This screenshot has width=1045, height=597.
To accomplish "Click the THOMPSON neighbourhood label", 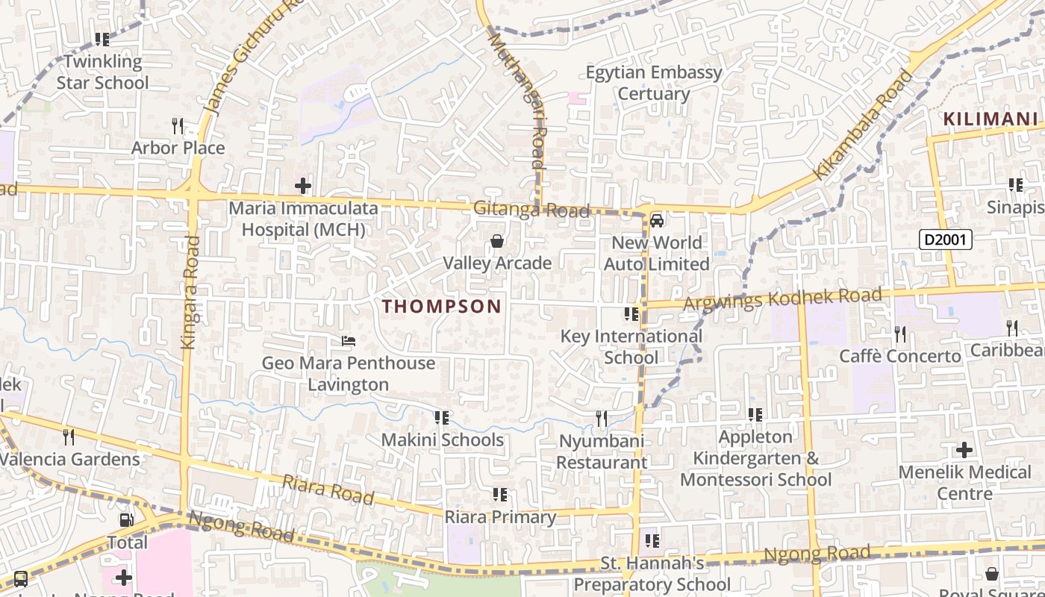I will click(x=442, y=306).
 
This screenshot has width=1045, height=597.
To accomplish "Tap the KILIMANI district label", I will click(x=990, y=119).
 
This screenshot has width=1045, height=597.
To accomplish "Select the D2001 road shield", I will click(x=945, y=240).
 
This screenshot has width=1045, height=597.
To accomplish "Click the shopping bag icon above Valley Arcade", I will click(x=496, y=241).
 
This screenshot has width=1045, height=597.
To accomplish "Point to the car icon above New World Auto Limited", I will click(x=657, y=220).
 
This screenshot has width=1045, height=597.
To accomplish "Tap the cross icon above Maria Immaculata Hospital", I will click(x=303, y=185).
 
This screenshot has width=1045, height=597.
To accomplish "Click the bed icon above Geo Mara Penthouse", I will click(x=348, y=342).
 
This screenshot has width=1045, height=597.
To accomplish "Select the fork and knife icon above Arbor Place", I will click(x=178, y=125).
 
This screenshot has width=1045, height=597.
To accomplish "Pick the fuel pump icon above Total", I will click(x=127, y=520).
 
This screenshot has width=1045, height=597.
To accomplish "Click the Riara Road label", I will click(x=328, y=490).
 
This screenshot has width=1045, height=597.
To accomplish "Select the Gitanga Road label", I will click(x=531, y=210).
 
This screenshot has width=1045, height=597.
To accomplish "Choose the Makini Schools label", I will click(x=442, y=440).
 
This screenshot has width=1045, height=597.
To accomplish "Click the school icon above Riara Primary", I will click(x=500, y=495).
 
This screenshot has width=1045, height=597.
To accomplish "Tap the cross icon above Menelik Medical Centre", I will click(x=964, y=450).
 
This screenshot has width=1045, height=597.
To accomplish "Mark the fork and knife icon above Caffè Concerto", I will click(x=900, y=334).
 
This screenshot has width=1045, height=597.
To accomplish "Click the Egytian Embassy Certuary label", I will click(x=654, y=83).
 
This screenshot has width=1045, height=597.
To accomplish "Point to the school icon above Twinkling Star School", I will click(x=102, y=40).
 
